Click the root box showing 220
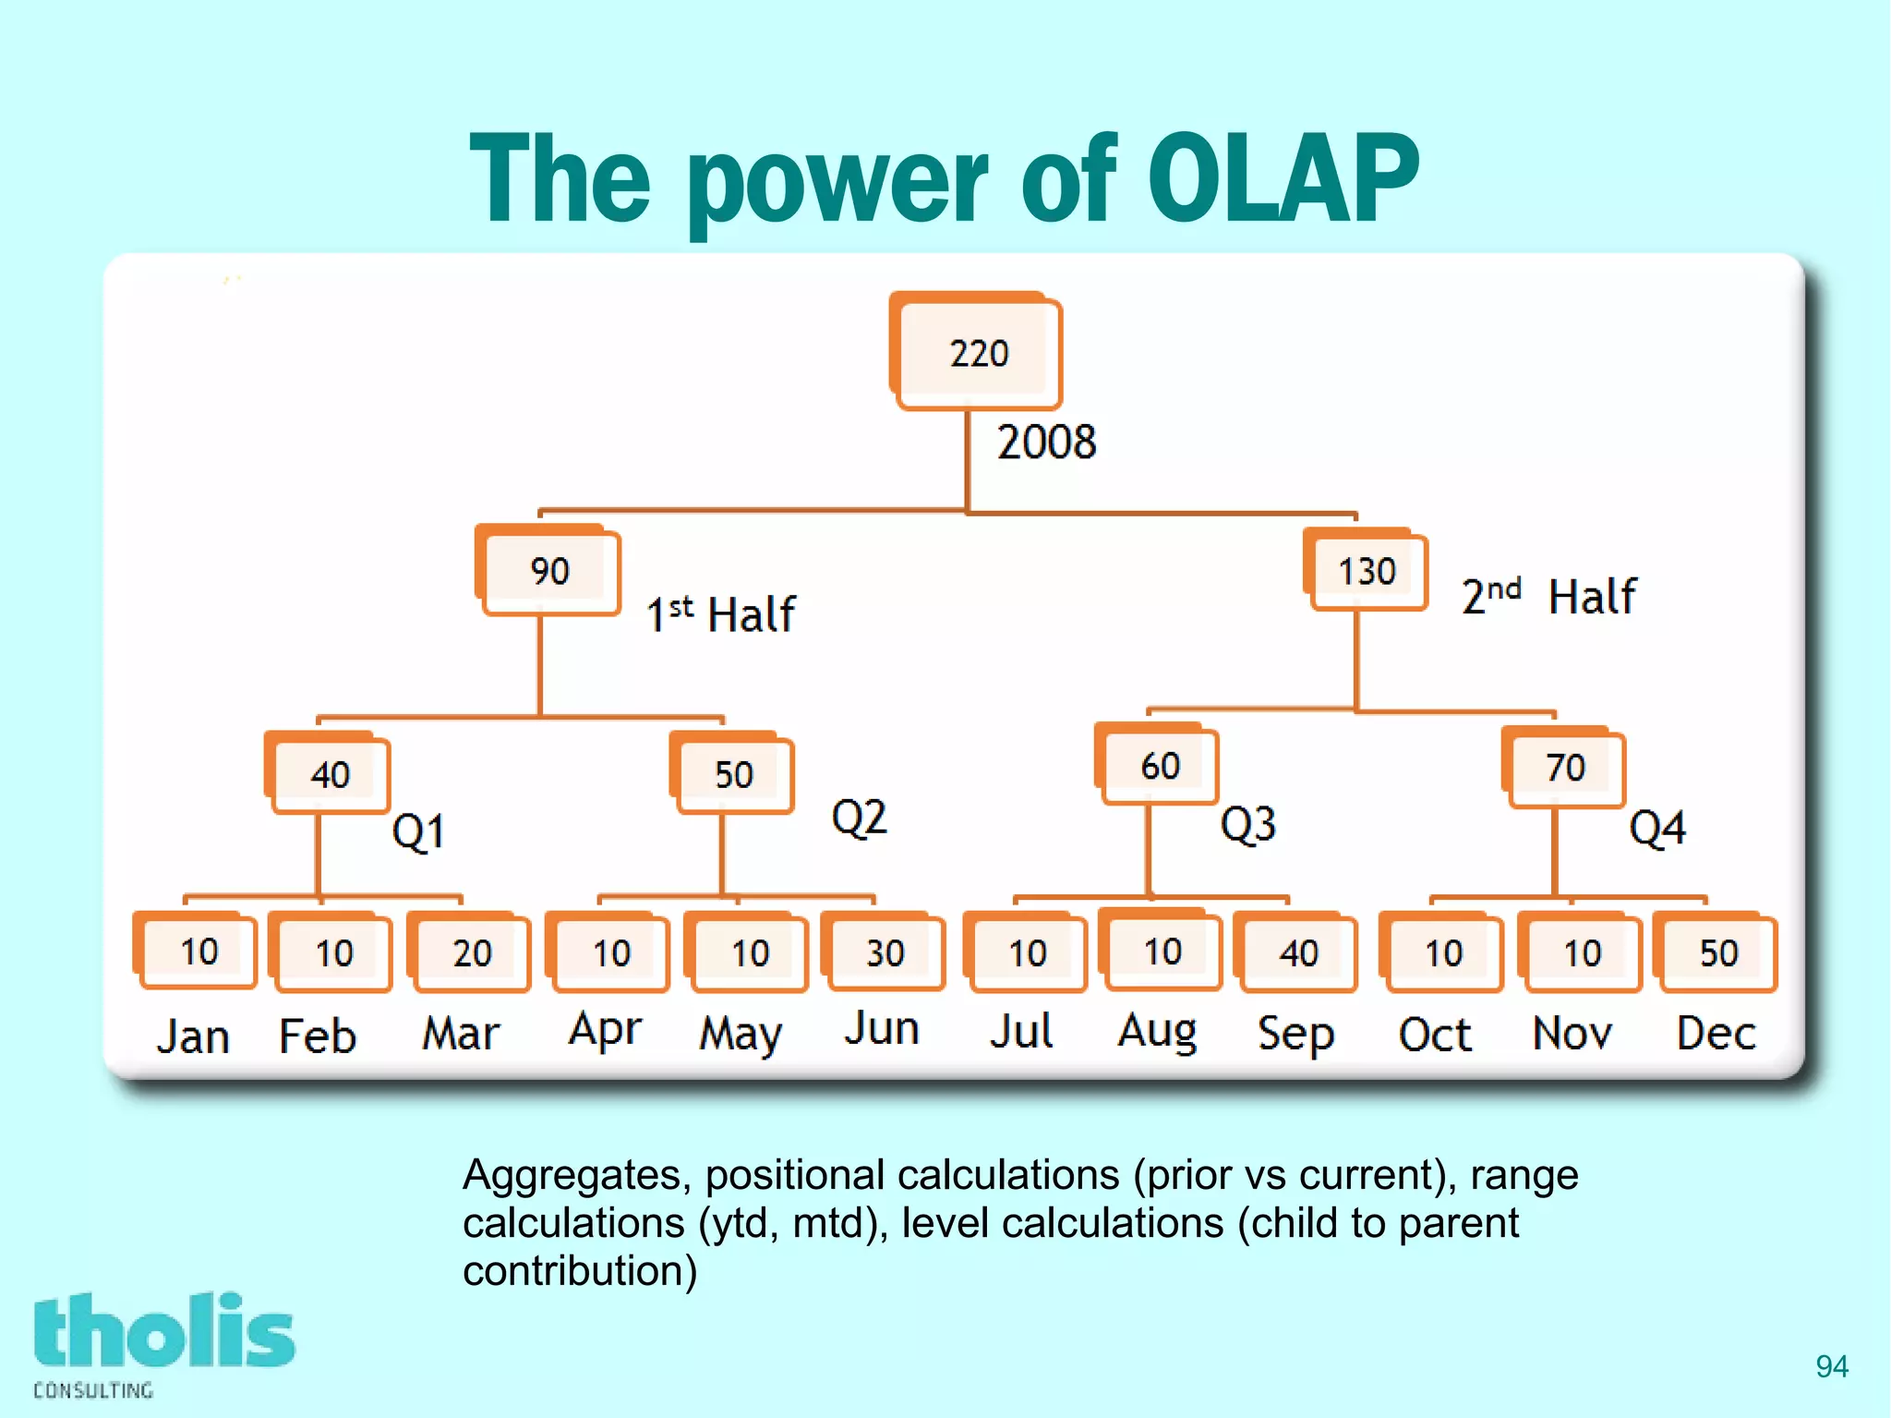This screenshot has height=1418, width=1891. [977, 352]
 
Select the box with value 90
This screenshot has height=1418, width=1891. [549, 571]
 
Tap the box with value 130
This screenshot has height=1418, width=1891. [1367, 571]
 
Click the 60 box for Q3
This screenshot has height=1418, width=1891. [1159, 766]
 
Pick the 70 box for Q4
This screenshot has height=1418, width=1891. [1564, 768]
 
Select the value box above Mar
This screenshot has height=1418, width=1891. [471, 952]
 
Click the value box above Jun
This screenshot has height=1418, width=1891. [884, 952]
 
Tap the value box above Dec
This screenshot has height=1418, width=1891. [1717, 952]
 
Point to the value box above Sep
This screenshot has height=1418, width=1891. [1297, 952]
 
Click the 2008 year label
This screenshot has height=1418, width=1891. [1046, 442]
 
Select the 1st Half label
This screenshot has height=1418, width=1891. [720, 614]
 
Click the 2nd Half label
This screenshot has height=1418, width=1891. [1548, 596]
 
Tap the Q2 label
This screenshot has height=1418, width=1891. [859, 818]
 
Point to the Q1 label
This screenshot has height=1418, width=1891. [418, 831]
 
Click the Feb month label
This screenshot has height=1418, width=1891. [318, 1036]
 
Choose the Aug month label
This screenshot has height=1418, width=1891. [1157, 1031]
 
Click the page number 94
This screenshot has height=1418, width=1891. [1831, 1366]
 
